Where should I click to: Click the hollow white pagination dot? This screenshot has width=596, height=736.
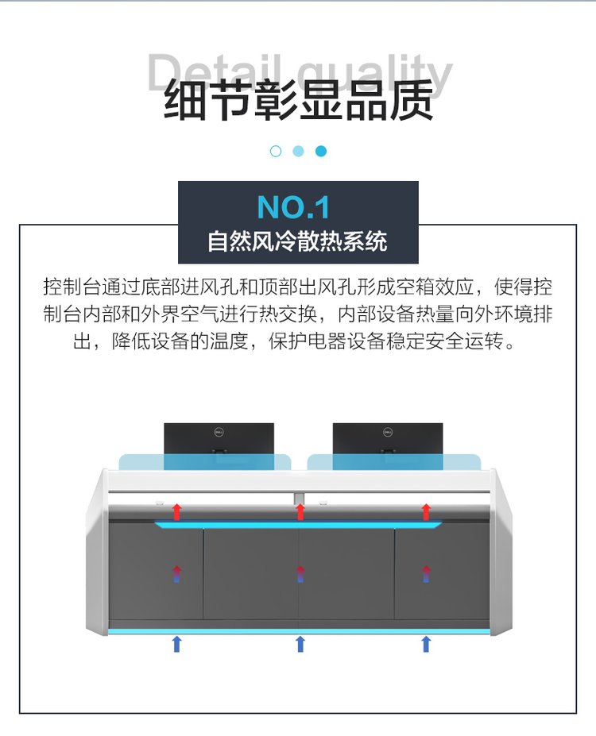tap(276, 151)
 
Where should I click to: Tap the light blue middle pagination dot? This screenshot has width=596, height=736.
tap(298, 151)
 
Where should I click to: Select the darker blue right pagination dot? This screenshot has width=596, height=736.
tap(321, 151)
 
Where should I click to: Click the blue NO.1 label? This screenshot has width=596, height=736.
tap(293, 207)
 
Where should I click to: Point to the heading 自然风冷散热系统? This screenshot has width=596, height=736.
tap(298, 241)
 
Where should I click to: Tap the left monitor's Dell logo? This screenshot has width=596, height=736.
tap(219, 432)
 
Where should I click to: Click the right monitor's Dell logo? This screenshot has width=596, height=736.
tap(388, 432)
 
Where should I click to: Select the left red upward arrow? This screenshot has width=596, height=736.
tap(176, 511)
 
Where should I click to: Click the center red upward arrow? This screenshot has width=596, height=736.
tap(300, 511)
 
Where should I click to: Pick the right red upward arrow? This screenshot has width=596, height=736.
tap(426, 511)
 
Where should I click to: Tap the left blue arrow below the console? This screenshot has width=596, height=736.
tap(176, 644)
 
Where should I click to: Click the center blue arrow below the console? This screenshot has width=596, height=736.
tap(300, 644)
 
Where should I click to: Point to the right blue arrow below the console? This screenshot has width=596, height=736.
tap(426, 644)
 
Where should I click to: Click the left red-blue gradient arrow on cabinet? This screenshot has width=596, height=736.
tap(176, 574)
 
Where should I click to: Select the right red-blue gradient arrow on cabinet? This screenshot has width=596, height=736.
tap(426, 574)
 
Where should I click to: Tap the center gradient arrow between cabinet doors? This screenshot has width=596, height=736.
tap(300, 574)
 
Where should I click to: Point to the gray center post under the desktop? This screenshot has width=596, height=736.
tap(300, 499)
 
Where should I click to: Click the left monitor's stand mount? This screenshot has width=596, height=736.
tap(219, 451)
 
